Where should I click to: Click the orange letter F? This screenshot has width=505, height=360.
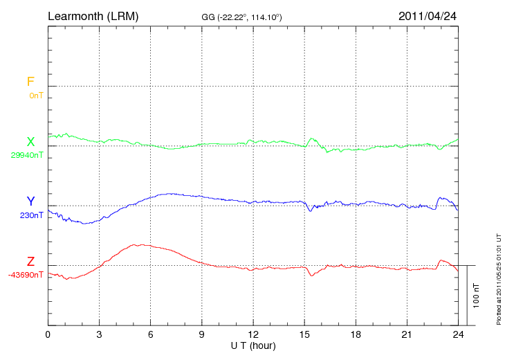tap(30, 82)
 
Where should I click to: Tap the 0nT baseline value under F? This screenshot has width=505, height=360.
tap(36, 96)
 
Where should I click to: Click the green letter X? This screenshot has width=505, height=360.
tap(30, 142)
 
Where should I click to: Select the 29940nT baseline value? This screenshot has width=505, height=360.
tap(27, 155)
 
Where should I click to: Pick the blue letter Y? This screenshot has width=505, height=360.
tap(30, 201)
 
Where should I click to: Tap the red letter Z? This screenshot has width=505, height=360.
tap(30, 262)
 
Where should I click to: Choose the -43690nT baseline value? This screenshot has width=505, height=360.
tap(26, 275)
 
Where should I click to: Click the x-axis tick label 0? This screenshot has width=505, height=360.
tap(48, 334)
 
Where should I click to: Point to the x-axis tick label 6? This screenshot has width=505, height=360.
tap(150, 334)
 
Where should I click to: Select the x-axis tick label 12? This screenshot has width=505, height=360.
tap(252, 334)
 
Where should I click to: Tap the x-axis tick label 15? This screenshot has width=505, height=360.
tap(304, 334)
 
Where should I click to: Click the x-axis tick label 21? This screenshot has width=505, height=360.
tap(406, 334)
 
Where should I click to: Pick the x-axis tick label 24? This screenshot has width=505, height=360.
tap(457, 334)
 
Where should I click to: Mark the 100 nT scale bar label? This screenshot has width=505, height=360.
tap(477, 295)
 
